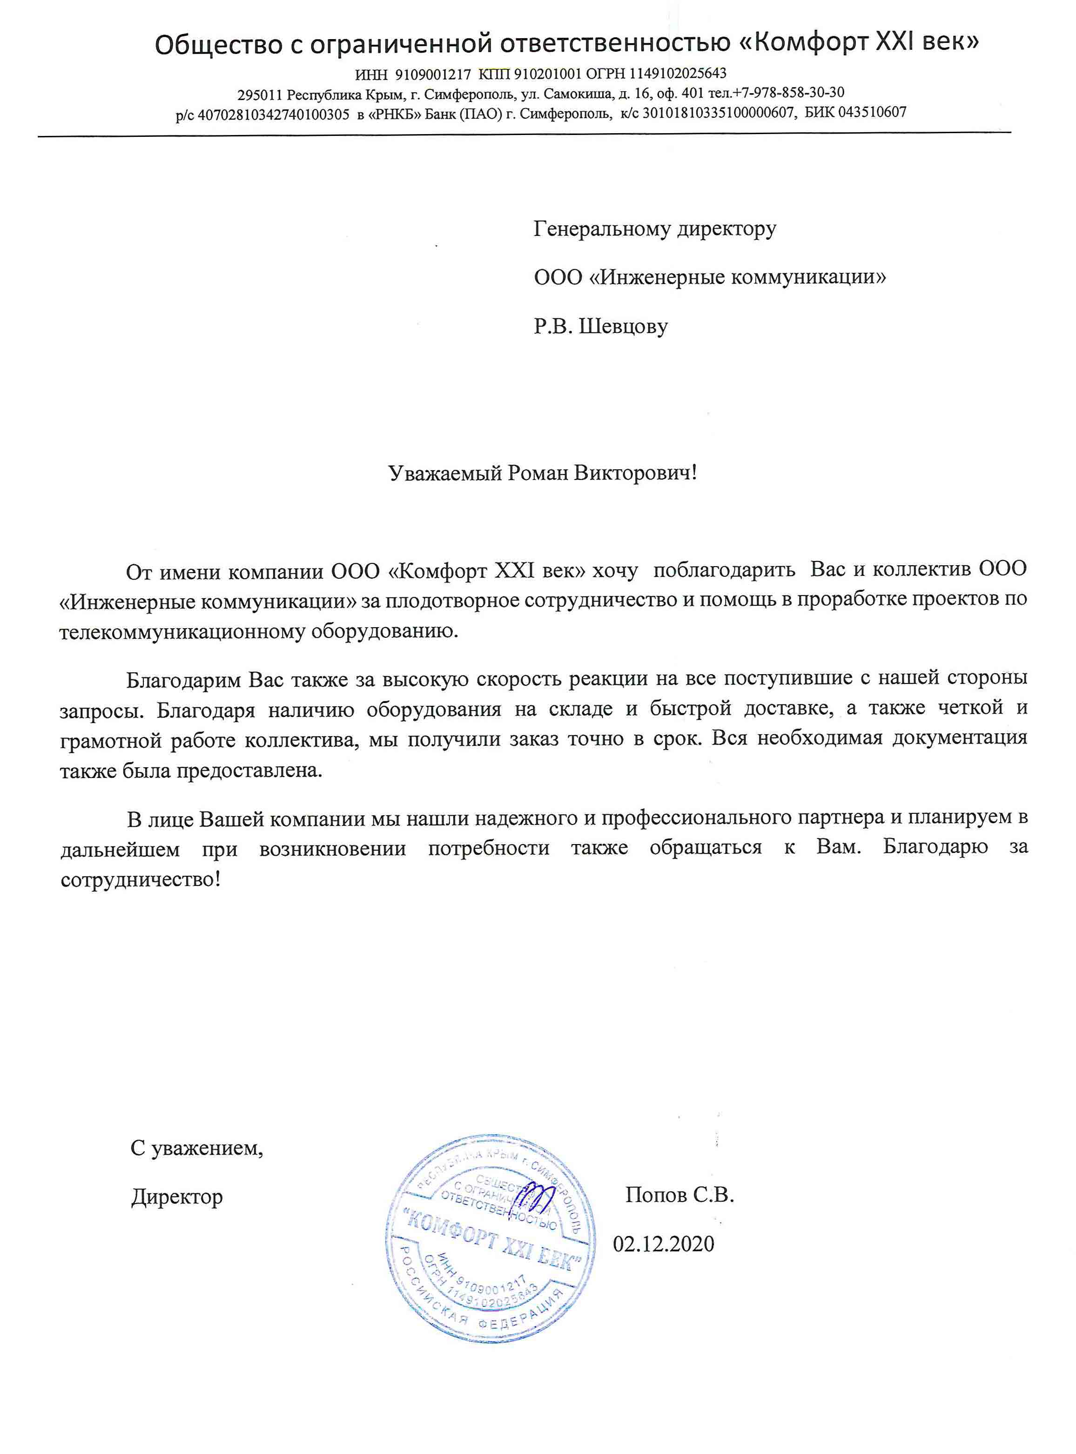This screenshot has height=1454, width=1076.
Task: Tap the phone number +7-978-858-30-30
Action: tap(788, 93)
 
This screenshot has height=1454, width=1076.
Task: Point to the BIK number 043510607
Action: tap(872, 112)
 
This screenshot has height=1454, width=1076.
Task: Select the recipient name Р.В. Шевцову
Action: tap(600, 326)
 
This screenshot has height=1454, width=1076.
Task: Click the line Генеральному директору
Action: tap(655, 229)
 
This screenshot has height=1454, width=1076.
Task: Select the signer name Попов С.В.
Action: tap(679, 1195)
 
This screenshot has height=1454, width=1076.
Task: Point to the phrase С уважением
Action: tap(197, 1148)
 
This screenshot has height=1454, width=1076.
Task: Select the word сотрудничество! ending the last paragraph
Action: tap(141, 880)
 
